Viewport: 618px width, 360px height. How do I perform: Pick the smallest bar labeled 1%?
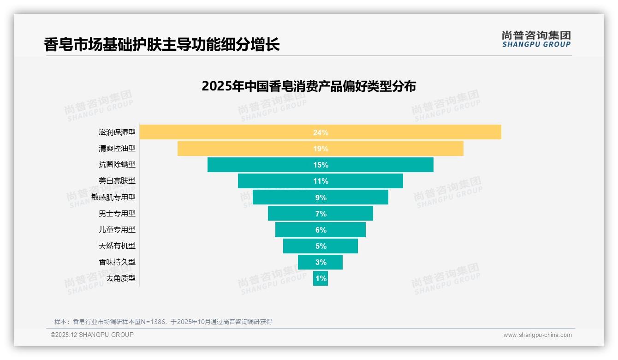[321, 278]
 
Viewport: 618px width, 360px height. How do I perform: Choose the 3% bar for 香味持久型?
[321, 262]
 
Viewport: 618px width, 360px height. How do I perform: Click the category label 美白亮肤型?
[117, 181]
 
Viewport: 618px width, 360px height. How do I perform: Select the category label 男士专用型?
[117, 213]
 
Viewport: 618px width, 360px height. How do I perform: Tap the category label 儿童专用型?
[117, 229]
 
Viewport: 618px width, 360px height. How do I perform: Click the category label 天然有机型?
[117, 246]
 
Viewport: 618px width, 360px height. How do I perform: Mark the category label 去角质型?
[121, 278]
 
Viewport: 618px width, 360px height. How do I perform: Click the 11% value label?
[321, 181]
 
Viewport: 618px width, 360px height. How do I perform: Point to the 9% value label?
[321, 198]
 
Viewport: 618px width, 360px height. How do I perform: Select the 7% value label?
[321, 214]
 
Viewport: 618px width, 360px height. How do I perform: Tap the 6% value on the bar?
[321, 230]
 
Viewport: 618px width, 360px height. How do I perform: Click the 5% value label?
[321, 246]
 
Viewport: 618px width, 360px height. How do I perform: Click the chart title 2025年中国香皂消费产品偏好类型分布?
[309, 86]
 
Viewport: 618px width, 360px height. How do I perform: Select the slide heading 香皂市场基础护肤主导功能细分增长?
[162, 45]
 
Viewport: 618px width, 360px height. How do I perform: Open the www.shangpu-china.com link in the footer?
[537, 335]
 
